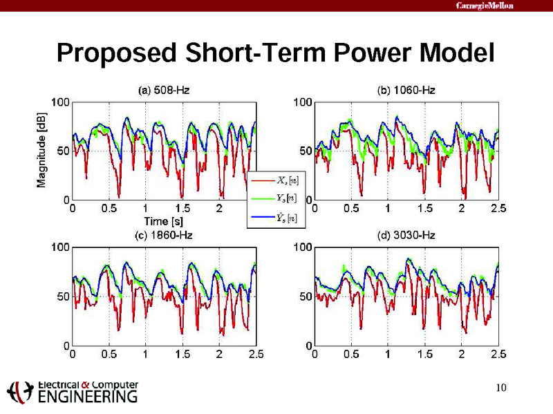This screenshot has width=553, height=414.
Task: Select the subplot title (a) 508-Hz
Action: pyautogui.click(x=164, y=90)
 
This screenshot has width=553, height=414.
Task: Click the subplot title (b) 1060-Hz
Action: pyautogui.click(x=406, y=90)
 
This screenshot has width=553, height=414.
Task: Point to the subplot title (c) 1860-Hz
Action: pyautogui.click(x=163, y=235)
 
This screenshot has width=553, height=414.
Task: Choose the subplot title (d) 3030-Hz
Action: pyautogui.click(x=406, y=235)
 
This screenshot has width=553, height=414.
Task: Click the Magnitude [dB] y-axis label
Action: pyautogui.click(x=42, y=151)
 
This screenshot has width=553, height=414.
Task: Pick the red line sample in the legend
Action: pyautogui.click(x=262, y=180)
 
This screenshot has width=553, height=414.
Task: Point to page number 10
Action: pyautogui.click(x=502, y=387)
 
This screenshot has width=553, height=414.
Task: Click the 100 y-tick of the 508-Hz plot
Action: pyautogui.click(x=60, y=102)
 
